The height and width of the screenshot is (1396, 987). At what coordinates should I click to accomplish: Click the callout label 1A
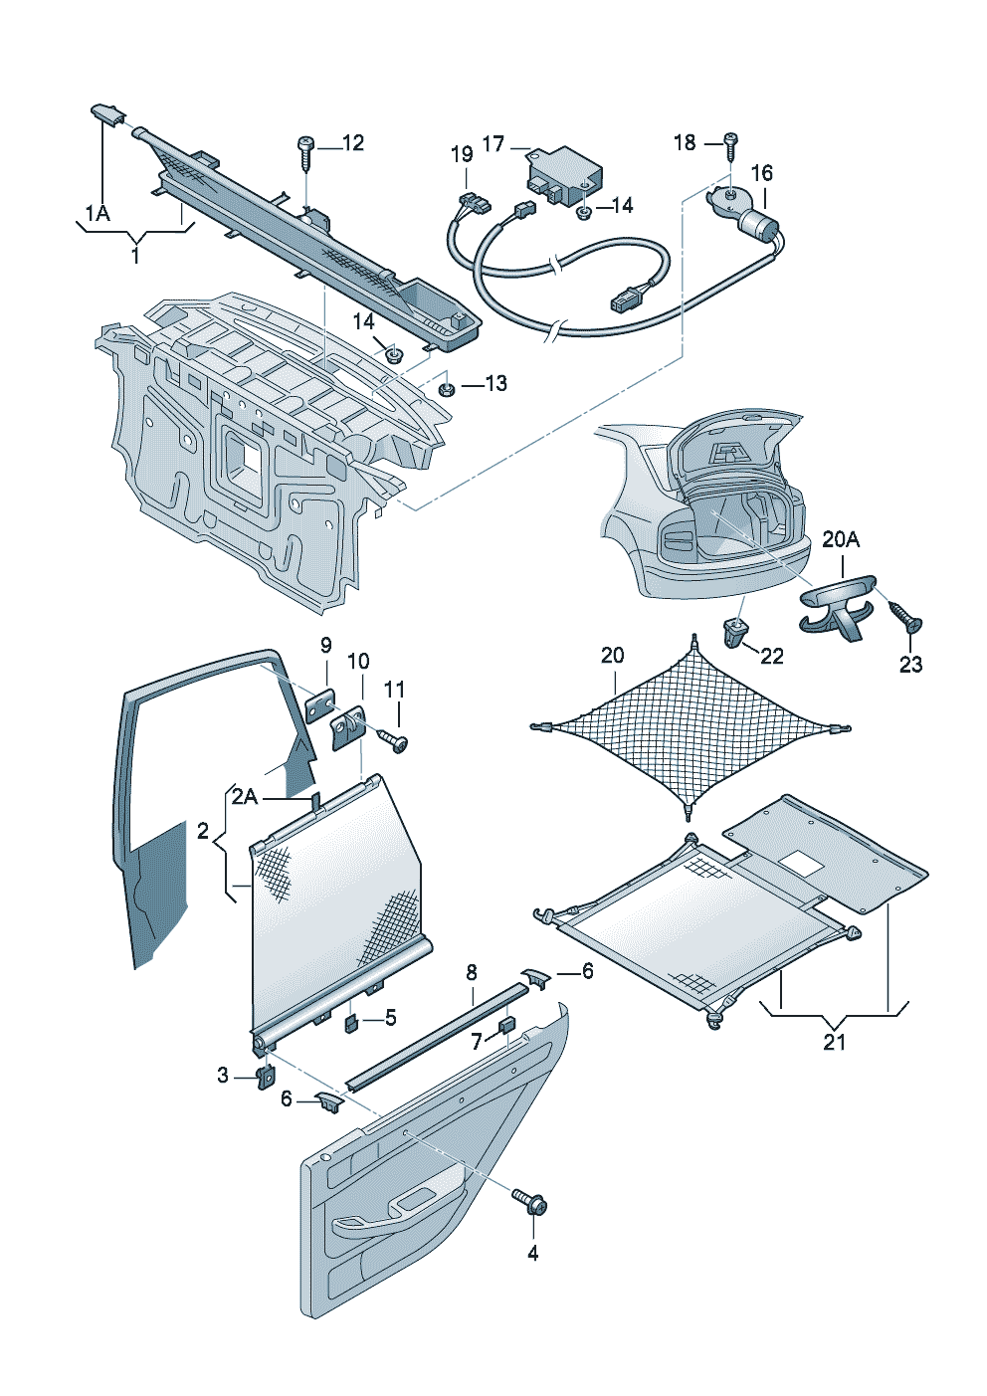click(97, 213)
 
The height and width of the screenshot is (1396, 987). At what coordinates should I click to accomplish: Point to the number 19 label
click(462, 154)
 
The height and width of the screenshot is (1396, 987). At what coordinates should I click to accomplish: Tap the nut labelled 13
click(446, 388)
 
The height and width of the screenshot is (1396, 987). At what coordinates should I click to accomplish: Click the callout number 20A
click(841, 539)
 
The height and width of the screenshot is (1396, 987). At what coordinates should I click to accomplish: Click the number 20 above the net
click(613, 655)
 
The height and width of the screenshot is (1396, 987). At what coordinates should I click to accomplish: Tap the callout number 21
click(834, 1041)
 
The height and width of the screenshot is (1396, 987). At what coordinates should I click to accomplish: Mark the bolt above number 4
click(530, 1202)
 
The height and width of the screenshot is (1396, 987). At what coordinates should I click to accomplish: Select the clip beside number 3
click(266, 1077)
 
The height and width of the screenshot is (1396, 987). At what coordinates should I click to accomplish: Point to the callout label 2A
click(245, 797)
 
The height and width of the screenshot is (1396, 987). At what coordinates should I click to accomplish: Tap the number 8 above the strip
click(472, 972)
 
